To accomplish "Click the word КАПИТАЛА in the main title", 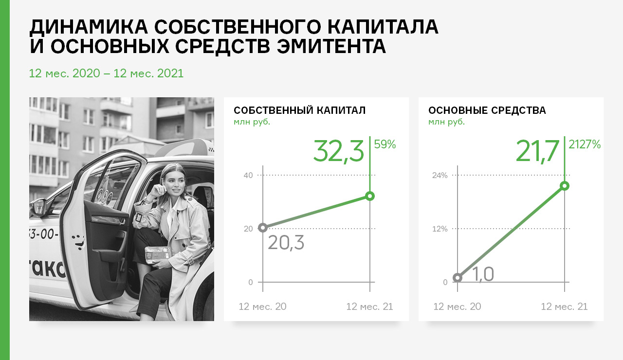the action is coord(383,27).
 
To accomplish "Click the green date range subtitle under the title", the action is coord(106,73).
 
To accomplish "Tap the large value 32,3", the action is coord(338,151).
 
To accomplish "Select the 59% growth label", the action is coord(385,144).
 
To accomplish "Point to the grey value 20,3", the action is coord(286,243).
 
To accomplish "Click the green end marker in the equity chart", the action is coord(370,196).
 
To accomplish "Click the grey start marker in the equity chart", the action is coord(263,228).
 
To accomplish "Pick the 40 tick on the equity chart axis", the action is coord(248,176).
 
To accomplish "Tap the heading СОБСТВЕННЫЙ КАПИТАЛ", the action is coord(299,110).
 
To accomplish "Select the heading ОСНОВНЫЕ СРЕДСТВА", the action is coord(487,110).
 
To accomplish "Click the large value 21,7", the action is coord(537,151).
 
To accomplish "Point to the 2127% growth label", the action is coord(585,144).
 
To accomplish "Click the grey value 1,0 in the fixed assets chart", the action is coord(483,274).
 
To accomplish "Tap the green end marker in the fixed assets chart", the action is coord(565,186).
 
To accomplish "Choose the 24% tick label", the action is coord(440,176).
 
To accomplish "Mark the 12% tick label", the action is coord(440,229).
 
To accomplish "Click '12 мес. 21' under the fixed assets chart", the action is coord(564,306).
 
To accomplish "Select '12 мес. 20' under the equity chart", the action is coord(262,306).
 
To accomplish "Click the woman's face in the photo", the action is coord(174,183).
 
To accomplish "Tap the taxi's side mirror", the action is coord(39,207).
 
